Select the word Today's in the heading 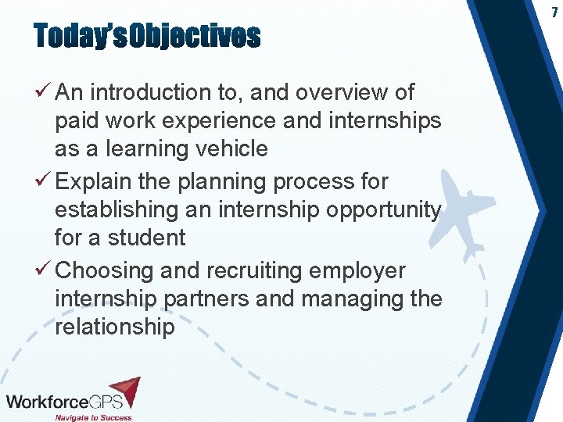pyautogui.click(x=80, y=36)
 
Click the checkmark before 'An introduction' pyautogui.click(x=45, y=92)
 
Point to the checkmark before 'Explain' pyautogui.click(x=45, y=181)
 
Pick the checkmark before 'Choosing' pyautogui.click(x=45, y=270)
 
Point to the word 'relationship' pyautogui.click(x=115, y=327)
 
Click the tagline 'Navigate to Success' pyautogui.click(x=92, y=417)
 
